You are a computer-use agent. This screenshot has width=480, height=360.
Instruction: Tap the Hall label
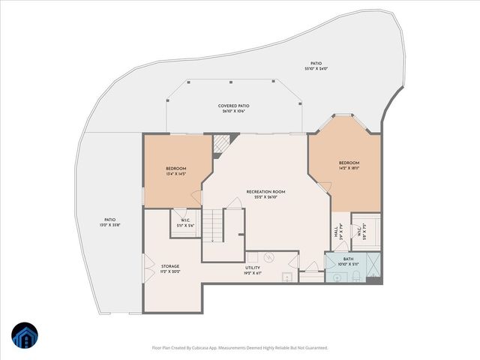[335, 233]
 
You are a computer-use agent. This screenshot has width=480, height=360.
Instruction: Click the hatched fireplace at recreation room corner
[220, 143]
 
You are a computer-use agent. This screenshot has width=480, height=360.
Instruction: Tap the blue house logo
[24, 335]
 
